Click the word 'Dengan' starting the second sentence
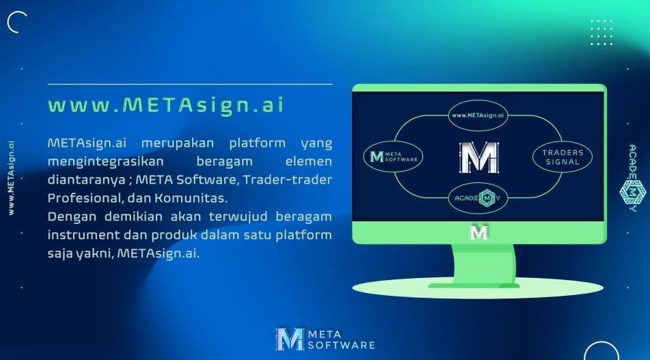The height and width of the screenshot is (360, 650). pos(68,217)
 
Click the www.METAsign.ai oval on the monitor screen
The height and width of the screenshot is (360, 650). pos(478,115)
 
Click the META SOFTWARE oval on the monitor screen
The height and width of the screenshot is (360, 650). pos(394,157)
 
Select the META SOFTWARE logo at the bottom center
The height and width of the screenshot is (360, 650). pos(325,340)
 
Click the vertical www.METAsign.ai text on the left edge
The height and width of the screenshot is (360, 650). pos(11,176)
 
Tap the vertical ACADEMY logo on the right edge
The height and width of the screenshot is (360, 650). pos(633,178)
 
